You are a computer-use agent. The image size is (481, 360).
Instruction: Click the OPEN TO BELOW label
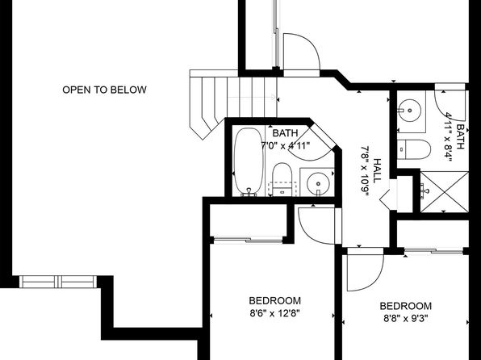tap(104, 90)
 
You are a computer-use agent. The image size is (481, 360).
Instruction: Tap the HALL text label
tap(377, 170)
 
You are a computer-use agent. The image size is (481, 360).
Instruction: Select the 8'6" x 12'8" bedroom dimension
tap(274, 313)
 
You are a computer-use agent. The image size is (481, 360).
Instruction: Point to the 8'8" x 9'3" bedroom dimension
tap(405, 319)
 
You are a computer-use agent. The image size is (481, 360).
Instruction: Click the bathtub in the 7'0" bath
tap(249, 161)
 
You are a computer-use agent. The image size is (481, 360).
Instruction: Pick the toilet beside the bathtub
tap(282, 179)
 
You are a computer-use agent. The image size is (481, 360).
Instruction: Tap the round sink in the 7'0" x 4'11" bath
tap(318, 184)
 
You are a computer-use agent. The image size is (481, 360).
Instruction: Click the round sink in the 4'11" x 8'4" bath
tap(410, 110)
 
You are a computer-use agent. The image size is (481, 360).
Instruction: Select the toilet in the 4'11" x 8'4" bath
tap(413, 149)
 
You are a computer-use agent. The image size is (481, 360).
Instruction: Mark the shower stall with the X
tap(444, 192)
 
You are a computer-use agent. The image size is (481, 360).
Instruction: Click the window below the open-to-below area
tap(58, 282)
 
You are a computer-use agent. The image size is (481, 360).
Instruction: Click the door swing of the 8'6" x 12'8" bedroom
tap(316, 226)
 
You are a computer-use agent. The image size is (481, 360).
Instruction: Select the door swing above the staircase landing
tap(302, 52)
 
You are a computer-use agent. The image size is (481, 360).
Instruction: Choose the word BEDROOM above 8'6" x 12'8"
tap(275, 300)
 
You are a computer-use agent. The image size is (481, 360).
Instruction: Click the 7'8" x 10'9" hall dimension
tap(364, 171)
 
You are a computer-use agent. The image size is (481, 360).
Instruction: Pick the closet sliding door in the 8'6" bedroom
tap(248, 240)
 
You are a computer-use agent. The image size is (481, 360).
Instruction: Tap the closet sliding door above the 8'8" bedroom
tap(433, 251)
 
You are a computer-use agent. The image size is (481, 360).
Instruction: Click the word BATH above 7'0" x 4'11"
tap(285, 133)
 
